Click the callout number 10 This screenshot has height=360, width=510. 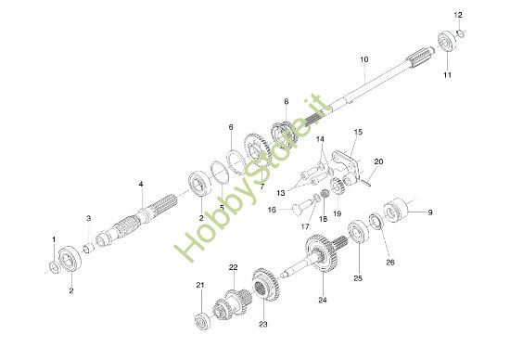click(x=364, y=58)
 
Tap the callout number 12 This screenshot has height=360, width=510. click(x=456, y=16)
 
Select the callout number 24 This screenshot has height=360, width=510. click(x=323, y=300)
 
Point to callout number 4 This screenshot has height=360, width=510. click(x=141, y=185)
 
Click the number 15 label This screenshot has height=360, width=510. click(x=358, y=132)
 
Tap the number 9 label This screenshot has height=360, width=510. click(x=428, y=213)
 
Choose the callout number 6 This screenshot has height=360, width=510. click(x=231, y=126)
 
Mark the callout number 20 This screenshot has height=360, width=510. click(x=377, y=161)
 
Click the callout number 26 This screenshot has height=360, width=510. click(x=389, y=263)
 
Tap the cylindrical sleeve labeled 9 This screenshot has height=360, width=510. click(x=397, y=210)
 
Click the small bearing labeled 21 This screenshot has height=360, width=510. click(x=201, y=319)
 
